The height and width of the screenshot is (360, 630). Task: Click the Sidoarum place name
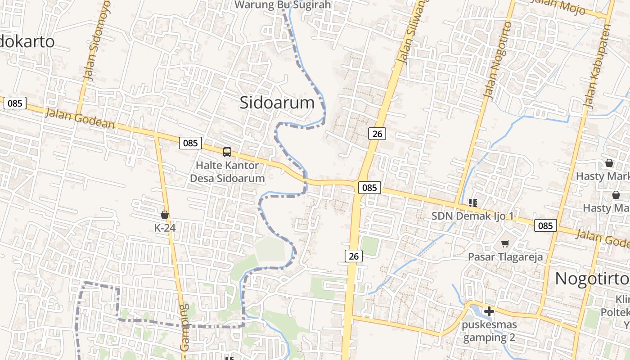pyautogui.click(x=277, y=103)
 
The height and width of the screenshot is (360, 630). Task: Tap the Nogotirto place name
pyautogui.click(x=592, y=279)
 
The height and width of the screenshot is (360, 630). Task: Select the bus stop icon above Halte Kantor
pyautogui.click(x=227, y=152)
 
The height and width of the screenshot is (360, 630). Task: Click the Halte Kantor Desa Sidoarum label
pyautogui.click(x=227, y=171)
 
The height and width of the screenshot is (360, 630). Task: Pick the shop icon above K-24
pyautogui.click(x=165, y=215)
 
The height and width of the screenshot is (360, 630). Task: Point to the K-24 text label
pyautogui.click(x=165, y=228)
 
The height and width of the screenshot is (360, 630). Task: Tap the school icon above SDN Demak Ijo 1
pyautogui.click(x=472, y=203)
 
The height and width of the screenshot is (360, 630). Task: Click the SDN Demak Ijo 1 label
pyautogui.click(x=472, y=216)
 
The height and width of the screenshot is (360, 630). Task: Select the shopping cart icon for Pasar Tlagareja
pyautogui.click(x=505, y=244)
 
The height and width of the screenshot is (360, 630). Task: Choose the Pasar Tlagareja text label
pyautogui.click(x=505, y=257)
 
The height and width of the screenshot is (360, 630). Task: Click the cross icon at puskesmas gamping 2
pyautogui.click(x=489, y=311)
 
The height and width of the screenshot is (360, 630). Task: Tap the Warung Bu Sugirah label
pyautogui.click(x=283, y=5)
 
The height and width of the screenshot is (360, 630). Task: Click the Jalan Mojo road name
pyautogui.click(x=558, y=7)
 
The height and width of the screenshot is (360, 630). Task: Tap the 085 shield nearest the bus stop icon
pyautogui.click(x=190, y=143)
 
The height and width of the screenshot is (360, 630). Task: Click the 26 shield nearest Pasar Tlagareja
pyautogui.click(x=354, y=256)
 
